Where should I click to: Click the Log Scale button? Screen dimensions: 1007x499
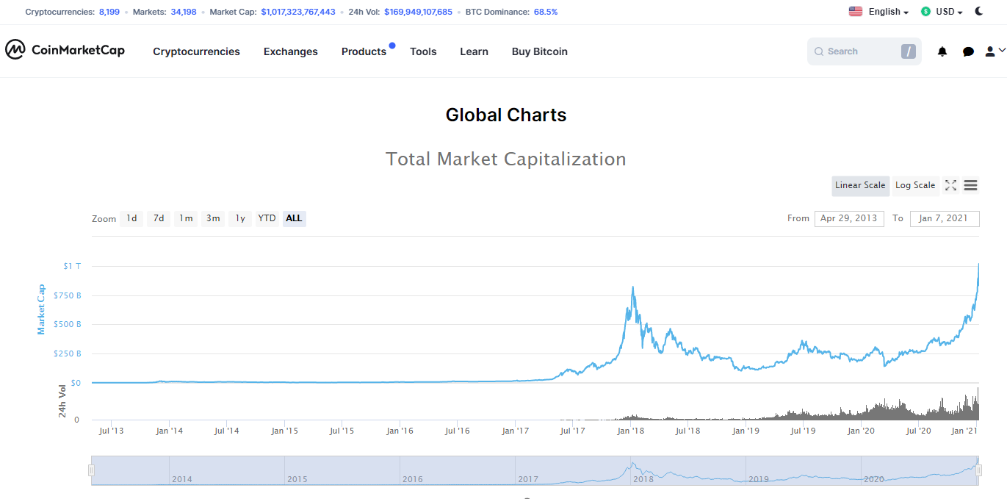(x=915, y=185)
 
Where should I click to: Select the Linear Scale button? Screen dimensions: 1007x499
(x=860, y=185)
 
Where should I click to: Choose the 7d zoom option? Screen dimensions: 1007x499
(x=159, y=219)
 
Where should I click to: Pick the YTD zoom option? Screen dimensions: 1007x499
(x=267, y=219)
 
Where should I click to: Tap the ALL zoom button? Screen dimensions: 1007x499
(x=294, y=219)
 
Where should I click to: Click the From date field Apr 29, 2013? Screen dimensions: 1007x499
(x=849, y=219)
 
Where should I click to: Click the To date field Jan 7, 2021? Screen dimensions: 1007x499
(x=944, y=219)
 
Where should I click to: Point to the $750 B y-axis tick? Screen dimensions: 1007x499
(x=68, y=295)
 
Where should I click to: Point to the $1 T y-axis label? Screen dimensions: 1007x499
(x=72, y=266)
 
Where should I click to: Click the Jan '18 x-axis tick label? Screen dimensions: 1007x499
(x=630, y=431)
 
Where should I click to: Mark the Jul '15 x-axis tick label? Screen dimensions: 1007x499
(x=342, y=431)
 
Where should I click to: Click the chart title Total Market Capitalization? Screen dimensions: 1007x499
(x=506, y=159)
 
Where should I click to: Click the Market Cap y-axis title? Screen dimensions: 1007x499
(x=41, y=309)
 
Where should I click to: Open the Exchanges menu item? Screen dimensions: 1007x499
(x=290, y=51)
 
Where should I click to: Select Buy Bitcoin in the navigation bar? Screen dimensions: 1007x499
(x=539, y=51)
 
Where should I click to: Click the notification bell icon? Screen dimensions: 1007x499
(x=942, y=51)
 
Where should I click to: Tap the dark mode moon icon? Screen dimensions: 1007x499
(x=978, y=12)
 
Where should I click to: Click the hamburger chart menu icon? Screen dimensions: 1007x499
(x=970, y=185)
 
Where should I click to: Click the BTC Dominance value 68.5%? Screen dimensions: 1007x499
(x=546, y=12)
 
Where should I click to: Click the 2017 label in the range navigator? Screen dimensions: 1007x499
(x=528, y=479)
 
